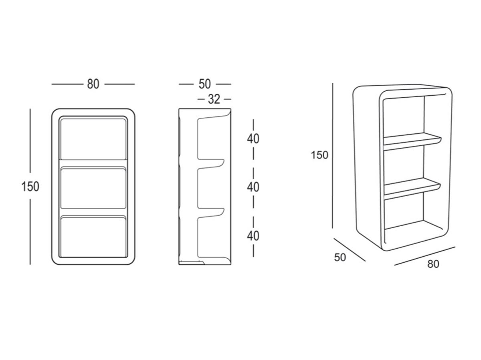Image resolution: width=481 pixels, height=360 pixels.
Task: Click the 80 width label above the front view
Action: pyautogui.click(x=93, y=84)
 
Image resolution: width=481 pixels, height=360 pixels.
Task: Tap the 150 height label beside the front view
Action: pyautogui.click(x=30, y=187)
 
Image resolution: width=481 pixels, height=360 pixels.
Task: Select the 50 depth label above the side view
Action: pyautogui.click(x=205, y=84)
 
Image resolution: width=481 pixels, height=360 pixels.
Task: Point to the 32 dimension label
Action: pyautogui.click(x=214, y=99)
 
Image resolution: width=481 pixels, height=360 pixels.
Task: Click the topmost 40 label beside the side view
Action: pyautogui.click(x=253, y=139)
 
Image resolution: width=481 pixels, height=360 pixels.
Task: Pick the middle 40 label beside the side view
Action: pyautogui.click(x=253, y=187)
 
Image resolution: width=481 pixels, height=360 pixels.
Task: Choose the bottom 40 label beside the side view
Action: pyautogui.click(x=253, y=236)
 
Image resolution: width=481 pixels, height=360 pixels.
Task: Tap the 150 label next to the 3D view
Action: pyautogui.click(x=319, y=155)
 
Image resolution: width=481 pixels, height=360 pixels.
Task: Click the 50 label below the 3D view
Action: pyautogui.click(x=340, y=257)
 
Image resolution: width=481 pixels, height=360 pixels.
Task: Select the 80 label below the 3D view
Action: pyautogui.click(x=433, y=264)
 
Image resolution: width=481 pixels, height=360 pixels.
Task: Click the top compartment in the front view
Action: pyautogui.click(x=93, y=139)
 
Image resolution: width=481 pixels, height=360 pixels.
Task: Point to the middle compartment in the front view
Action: pyautogui.click(x=93, y=188)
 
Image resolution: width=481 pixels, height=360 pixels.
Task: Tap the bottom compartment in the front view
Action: pyautogui.click(x=93, y=237)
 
